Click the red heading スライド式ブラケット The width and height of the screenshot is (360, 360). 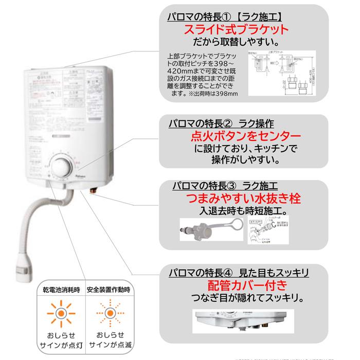tap(236, 29)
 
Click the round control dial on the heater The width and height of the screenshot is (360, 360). tap(61, 167)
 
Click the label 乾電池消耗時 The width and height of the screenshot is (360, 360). tap(60, 290)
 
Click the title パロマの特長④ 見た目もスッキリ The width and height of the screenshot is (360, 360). tap(239, 272)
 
